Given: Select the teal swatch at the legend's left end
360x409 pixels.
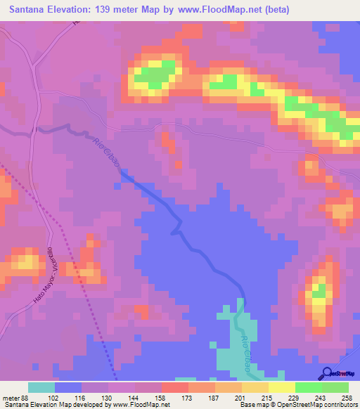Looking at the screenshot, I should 41,387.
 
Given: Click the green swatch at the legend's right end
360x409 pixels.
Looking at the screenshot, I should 335,387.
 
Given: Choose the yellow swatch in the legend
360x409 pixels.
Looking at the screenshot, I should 281,387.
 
